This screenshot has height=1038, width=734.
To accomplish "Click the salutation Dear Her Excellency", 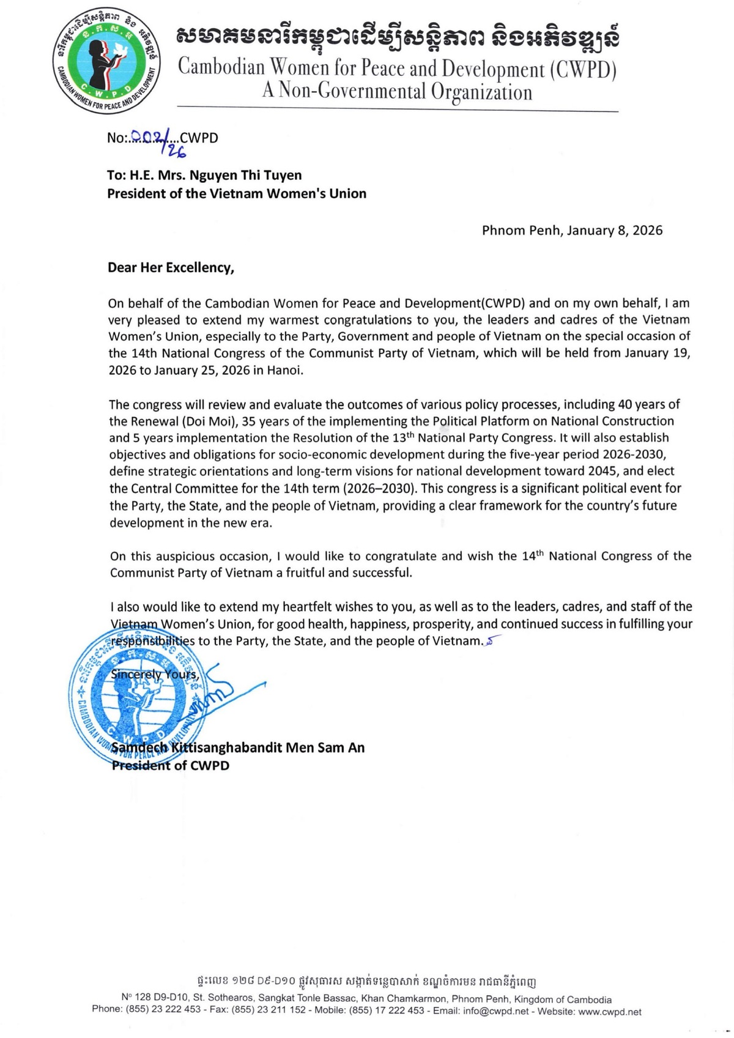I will (171, 267).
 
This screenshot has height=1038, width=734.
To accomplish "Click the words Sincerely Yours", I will (154, 675).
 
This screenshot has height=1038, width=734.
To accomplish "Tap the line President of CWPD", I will (171, 765).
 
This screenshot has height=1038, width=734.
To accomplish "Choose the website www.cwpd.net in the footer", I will (609, 1011).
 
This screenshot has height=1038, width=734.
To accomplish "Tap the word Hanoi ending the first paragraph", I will (284, 371).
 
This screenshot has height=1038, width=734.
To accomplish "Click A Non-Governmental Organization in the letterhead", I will (397, 92).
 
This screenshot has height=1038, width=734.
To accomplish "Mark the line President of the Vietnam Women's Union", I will (237, 194).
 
